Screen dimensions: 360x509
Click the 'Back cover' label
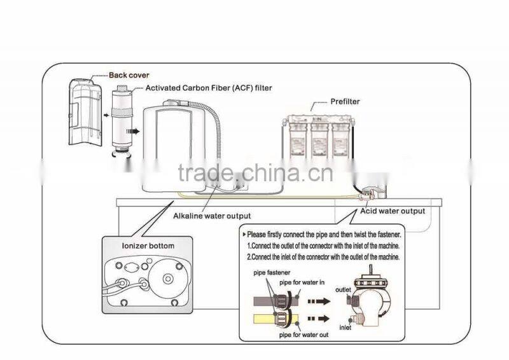tap(129, 76)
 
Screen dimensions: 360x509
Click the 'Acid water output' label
tap(392, 211)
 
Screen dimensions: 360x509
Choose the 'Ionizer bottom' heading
tap(147, 246)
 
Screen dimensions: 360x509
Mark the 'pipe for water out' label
tap(303, 335)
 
